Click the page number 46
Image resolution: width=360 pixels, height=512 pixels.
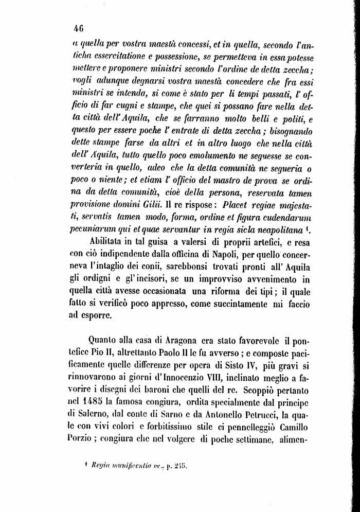79,28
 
